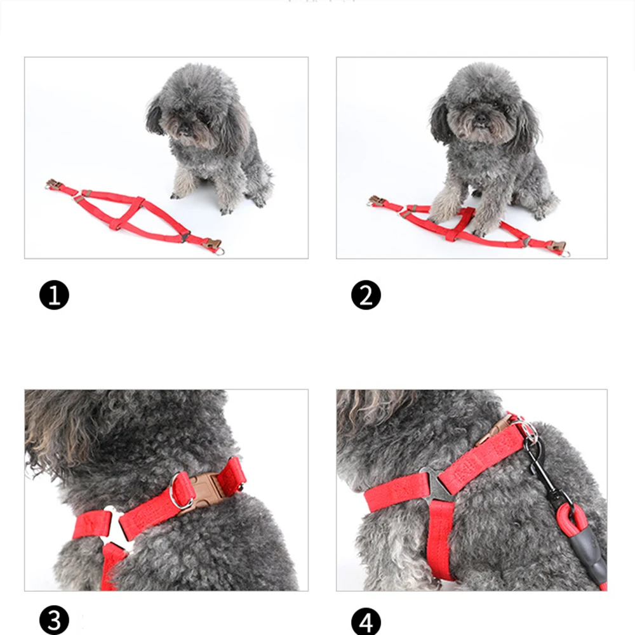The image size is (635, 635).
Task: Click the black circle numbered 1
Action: pyautogui.click(x=54, y=295)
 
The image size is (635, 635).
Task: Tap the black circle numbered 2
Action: pyautogui.click(x=366, y=295)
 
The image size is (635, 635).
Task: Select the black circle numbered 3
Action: pyautogui.click(x=54, y=620)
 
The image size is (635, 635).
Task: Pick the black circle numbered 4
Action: pyautogui.click(x=366, y=621)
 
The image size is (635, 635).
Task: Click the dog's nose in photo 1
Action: pyautogui.click(x=184, y=130)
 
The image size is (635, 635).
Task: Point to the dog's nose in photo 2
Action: pyautogui.click(x=481, y=119)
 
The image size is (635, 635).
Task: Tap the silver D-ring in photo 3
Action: pyautogui.click(x=180, y=491)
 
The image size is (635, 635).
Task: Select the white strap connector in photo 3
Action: pyautogui.click(x=116, y=526)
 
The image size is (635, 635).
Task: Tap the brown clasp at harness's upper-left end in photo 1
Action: pyautogui.click(x=53, y=184)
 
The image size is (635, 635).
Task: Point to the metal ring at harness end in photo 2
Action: pyautogui.click(x=565, y=253)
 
